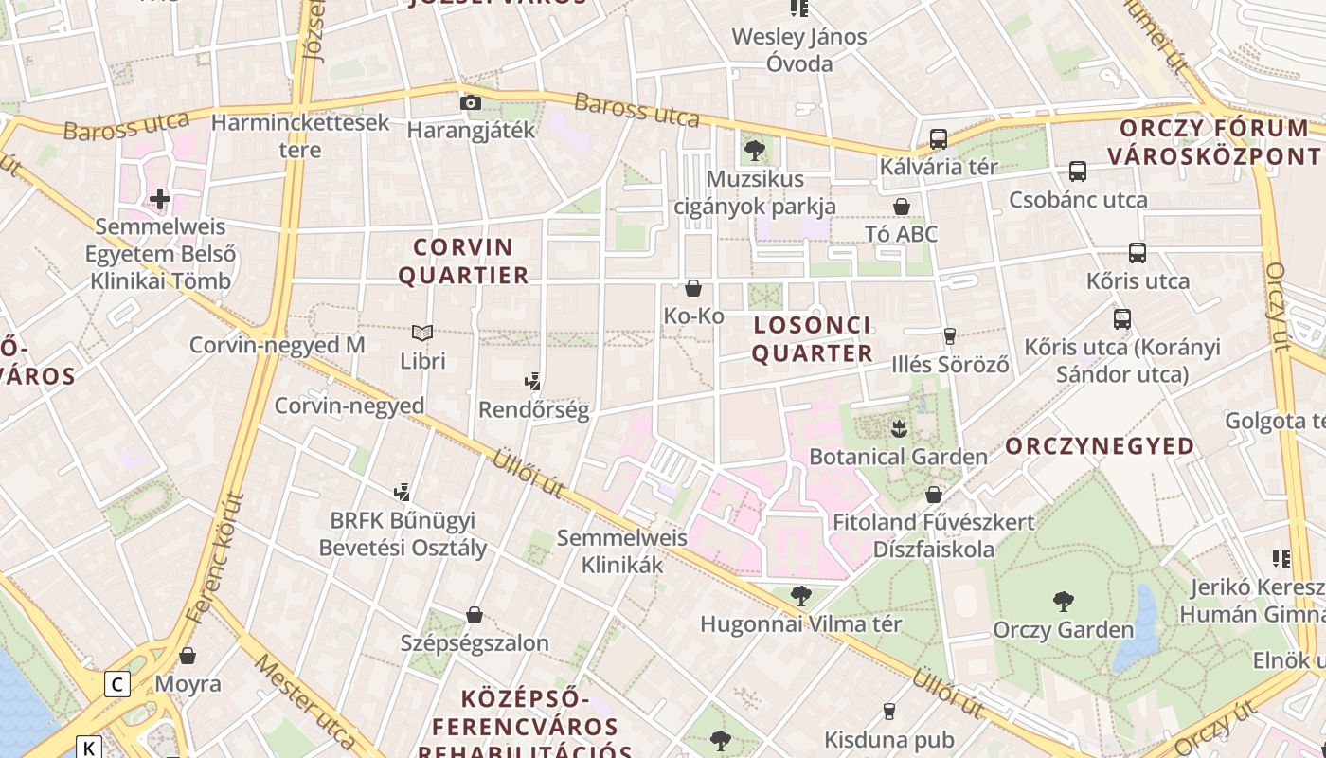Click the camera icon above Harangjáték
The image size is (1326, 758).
470,102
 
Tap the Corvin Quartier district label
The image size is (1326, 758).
463,262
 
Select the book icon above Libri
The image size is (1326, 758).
422,333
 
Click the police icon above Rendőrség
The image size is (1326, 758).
533,382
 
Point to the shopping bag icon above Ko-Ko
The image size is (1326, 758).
693,288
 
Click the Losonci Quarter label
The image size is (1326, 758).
812,339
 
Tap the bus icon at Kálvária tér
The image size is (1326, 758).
939,139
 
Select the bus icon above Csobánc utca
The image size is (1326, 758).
1078,171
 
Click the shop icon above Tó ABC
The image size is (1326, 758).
901,206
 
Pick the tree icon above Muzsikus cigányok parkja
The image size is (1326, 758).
755,150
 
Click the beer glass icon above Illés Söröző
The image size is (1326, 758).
950,336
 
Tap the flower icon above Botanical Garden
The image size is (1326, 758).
899,428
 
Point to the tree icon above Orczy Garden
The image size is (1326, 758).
1063,601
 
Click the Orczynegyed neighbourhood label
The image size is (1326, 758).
1100,446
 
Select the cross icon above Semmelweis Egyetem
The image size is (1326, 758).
160,199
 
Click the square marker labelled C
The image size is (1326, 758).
117,683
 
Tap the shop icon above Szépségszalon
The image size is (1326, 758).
475,615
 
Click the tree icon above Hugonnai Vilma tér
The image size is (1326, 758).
801,596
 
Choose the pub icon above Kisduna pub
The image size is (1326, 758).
888,711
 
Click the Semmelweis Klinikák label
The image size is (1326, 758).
622,551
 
